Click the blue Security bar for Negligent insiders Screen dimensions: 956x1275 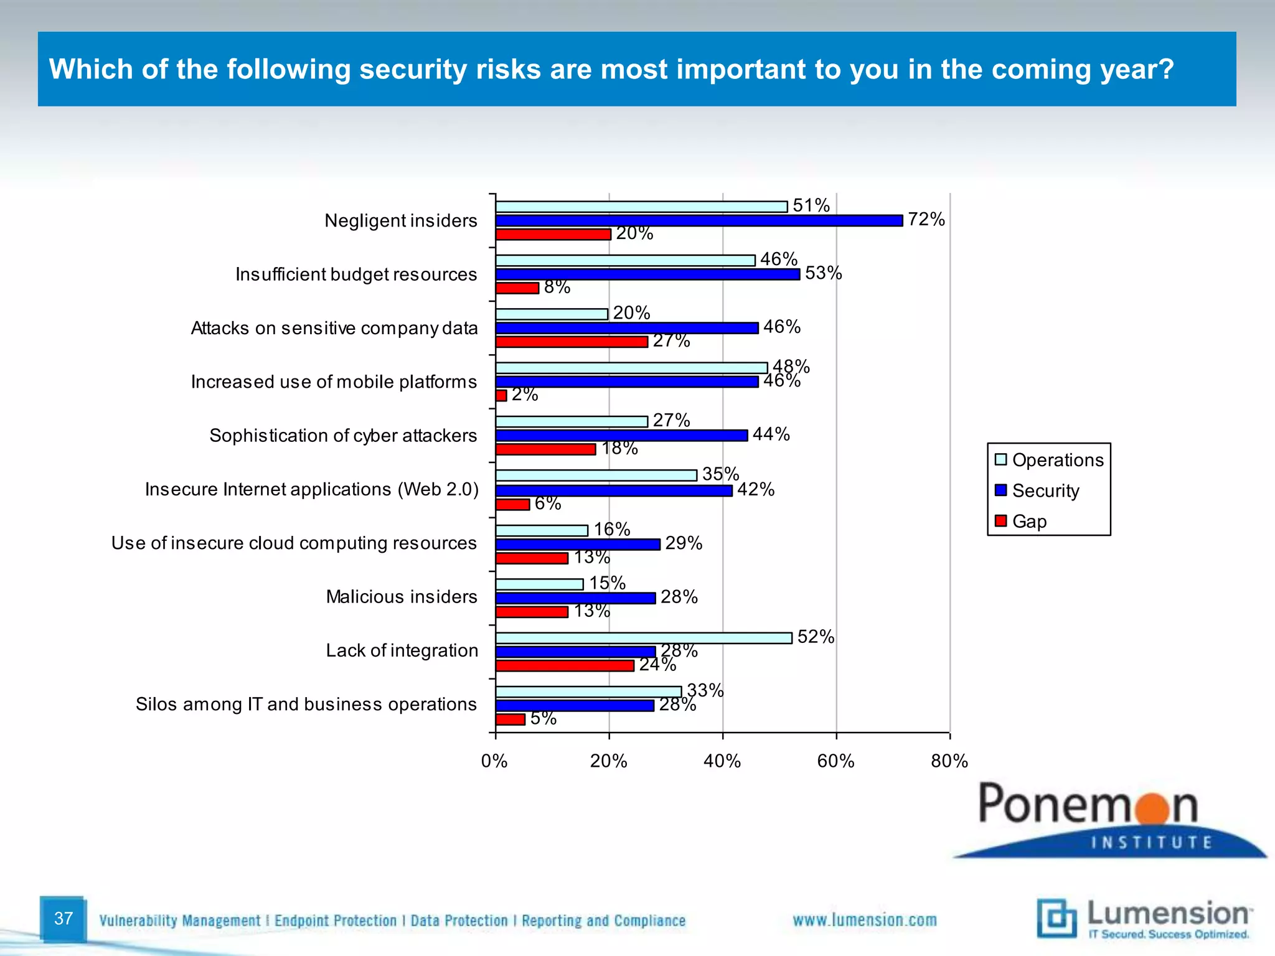tap(699, 220)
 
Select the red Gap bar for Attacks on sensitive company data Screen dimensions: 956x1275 tap(572, 342)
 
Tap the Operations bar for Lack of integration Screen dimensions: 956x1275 tap(644, 638)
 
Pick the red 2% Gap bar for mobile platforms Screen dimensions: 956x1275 tap(501, 395)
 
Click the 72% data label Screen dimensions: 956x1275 tap(926, 219)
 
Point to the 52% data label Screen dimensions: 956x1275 tap(816, 637)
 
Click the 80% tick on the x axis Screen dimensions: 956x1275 tap(949, 761)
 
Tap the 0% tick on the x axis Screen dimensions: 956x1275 tap(495, 761)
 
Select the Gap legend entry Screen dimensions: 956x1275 tap(1029, 521)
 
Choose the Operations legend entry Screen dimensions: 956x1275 tap(1057, 460)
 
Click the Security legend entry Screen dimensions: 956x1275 tap(1045, 490)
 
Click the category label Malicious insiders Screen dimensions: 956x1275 tap(402, 597)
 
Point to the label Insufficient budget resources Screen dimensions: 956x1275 tap(356, 274)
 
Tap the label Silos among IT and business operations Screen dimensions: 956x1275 tap(306, 704)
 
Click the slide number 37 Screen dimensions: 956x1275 tap(64, 919)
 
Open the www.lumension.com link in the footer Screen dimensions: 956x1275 tap(864, 920)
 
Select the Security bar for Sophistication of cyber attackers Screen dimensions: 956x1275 tap(621, 436)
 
